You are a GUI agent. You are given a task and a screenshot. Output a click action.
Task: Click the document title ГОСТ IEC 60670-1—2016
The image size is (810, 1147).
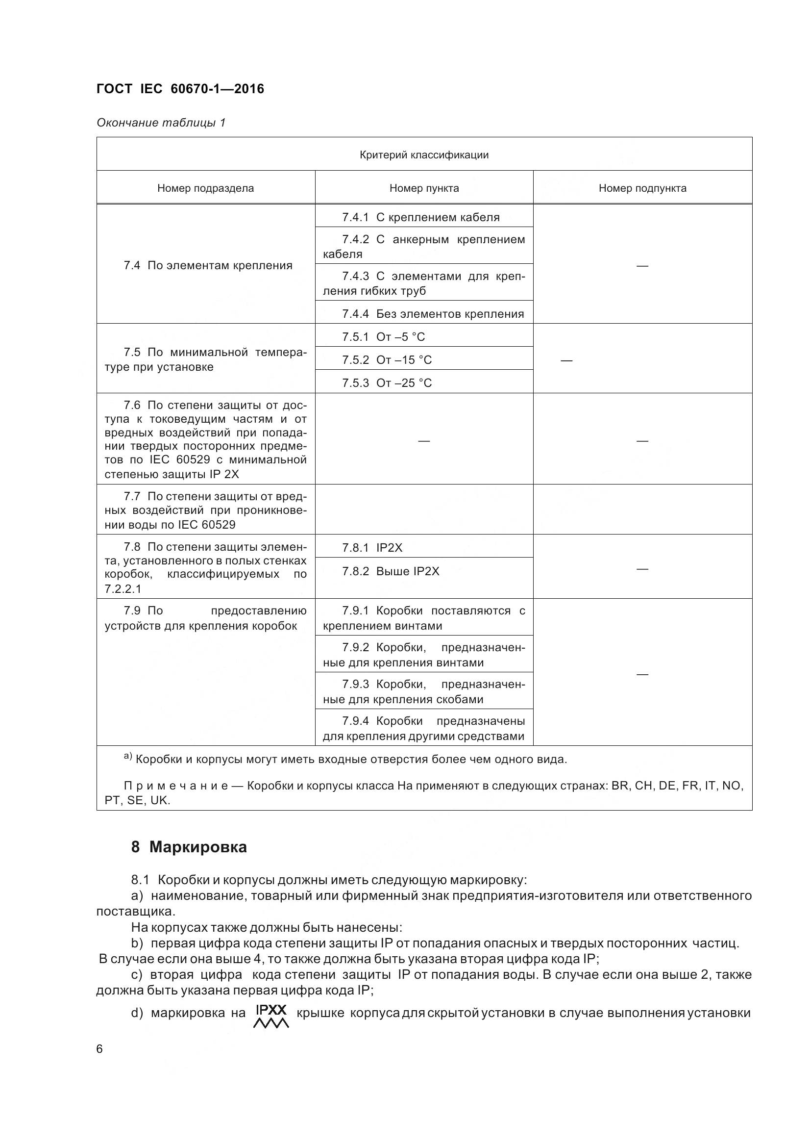[x=180, y=89]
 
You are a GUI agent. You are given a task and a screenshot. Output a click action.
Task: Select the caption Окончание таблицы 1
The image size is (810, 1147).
[x=161, y=123]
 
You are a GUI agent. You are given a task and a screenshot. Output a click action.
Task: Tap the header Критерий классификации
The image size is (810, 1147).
[x=424, y=155]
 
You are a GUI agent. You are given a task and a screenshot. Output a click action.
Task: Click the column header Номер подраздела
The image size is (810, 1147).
[x=206, y=188]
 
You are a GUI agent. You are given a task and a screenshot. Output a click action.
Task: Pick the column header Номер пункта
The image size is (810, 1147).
[x=424, y=188]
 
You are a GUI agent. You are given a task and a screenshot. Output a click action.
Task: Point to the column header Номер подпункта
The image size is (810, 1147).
[x=642, y=188]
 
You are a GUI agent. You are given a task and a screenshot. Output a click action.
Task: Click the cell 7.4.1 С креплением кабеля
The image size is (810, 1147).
[x=420, y=217]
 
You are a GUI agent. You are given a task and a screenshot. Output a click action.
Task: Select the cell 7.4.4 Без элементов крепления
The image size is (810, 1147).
[x=432, y=314]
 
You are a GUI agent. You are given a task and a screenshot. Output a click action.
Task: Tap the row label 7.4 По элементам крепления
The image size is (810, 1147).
[x=208, y=265]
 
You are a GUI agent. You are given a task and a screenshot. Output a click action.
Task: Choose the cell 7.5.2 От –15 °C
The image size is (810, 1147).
[x=386, y=359]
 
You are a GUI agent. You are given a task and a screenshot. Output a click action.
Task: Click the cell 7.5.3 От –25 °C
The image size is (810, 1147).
[x=386, y=382]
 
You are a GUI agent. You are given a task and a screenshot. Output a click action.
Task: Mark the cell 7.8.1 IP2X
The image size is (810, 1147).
[x=372, y=548]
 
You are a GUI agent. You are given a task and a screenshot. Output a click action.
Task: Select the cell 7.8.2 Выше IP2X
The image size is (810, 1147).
[x=390, y=571]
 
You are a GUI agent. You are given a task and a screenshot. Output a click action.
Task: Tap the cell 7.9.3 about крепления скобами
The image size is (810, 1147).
[x=424, y=691]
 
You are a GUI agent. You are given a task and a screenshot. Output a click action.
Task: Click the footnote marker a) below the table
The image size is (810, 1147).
[x=128, y=757]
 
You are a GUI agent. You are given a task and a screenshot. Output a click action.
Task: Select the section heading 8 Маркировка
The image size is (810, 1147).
[x=189, y=847]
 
